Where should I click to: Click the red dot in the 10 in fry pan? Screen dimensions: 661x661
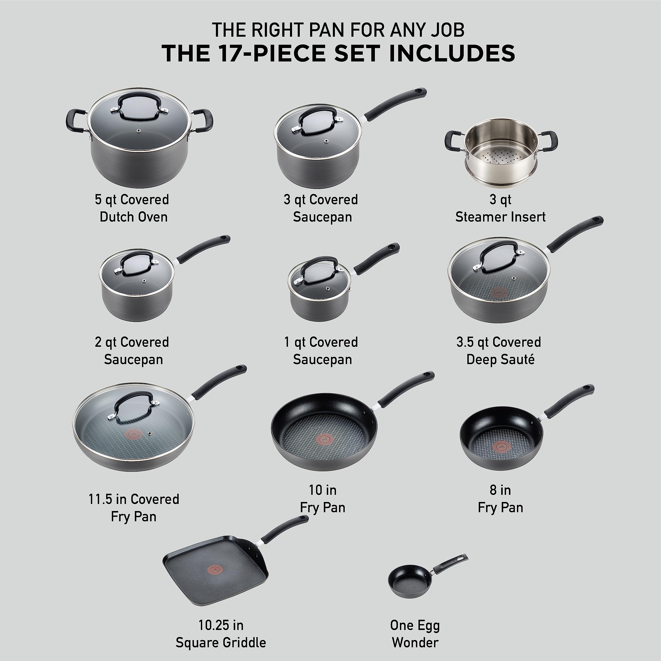coord(324,439)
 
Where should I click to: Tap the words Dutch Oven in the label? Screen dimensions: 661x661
coord(133,217)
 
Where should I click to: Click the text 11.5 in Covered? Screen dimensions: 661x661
coord(133,499)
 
